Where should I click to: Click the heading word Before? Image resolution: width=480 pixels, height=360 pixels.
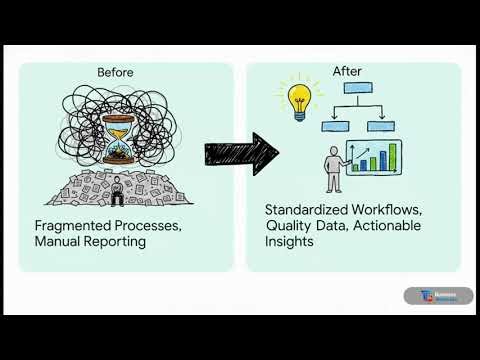coord(115,72)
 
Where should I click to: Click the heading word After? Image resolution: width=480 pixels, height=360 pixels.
coord(346,72)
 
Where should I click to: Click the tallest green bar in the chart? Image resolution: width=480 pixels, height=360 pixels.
coord(392,156)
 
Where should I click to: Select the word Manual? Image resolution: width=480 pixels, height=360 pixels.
coord(59,243)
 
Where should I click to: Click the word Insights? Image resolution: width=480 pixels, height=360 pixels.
coord(290,243)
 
